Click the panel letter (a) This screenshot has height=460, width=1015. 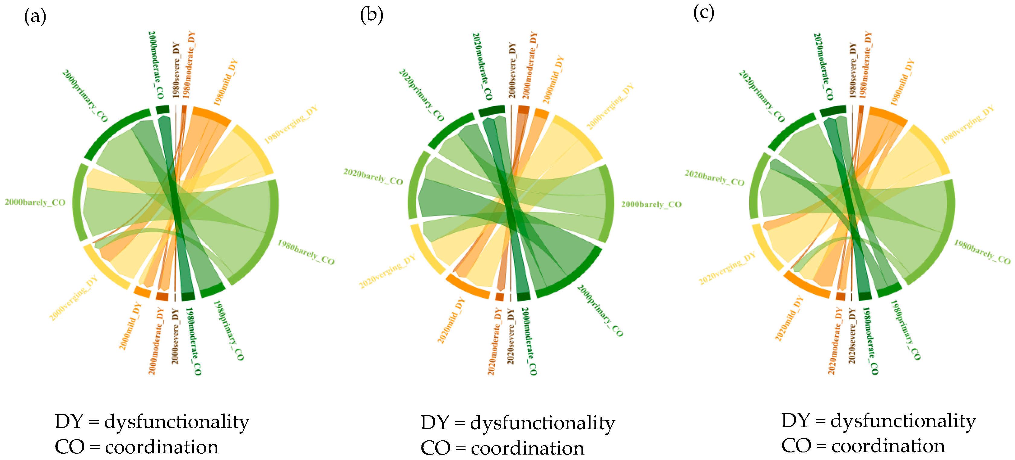(35, 17)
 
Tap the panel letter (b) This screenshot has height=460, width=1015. (371, 15)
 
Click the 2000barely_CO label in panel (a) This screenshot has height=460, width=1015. (35, 203)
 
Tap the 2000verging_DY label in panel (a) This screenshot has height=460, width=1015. (73, 299)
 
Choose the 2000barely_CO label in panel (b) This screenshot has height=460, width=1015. (651, 204)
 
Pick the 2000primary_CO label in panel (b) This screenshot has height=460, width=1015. (600, 310)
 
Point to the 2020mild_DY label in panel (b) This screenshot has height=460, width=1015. (451, 320)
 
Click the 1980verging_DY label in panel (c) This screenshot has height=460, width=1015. (967, 124)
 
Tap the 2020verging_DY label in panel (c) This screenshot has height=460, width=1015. (727, 268)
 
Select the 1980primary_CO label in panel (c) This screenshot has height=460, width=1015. (905, 330)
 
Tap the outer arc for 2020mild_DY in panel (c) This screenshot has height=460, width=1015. (806, 286)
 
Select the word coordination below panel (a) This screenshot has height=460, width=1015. (162, 447)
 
